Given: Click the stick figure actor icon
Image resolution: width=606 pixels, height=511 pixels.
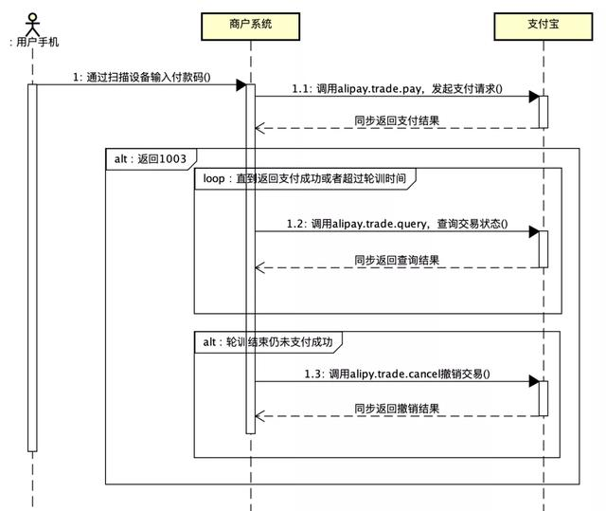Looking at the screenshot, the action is point(32,25).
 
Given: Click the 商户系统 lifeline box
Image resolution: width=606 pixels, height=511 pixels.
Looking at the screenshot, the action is point(250,27).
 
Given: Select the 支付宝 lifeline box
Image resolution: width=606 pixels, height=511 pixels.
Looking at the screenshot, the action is point(543,27).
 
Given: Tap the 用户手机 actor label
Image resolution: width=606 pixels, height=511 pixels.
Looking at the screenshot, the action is point(34,42).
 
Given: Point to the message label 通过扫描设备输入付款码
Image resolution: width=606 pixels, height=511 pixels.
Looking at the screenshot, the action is point(142,77).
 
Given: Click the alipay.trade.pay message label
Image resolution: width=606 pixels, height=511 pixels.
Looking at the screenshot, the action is point(397,89).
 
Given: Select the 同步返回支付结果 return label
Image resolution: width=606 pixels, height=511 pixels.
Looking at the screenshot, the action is point(397,120).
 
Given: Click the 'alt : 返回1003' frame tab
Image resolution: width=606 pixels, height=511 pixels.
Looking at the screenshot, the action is point(151,159).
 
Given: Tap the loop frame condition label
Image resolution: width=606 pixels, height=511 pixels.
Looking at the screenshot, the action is point(305,178).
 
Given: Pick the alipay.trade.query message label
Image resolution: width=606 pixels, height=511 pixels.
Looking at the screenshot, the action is point(397,224).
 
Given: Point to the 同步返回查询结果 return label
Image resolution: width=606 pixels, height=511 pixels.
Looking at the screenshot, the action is point(397,260).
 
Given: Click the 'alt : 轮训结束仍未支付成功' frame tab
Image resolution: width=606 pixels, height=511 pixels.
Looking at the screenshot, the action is point(268,342).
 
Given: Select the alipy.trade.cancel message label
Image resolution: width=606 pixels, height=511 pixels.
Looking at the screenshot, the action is point(397,374).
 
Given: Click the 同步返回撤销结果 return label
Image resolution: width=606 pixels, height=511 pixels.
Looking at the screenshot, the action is point(397,409).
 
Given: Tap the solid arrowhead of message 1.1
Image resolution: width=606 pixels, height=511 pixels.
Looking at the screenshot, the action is point(534,97).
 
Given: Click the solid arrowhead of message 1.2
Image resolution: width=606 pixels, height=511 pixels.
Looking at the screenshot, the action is point(534,231).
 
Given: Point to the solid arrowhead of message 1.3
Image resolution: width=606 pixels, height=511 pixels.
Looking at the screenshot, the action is point(534,381).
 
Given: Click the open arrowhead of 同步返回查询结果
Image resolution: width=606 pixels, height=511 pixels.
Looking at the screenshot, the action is point(259,267).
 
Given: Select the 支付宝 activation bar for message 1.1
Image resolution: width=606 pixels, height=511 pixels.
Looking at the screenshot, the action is point(544,112).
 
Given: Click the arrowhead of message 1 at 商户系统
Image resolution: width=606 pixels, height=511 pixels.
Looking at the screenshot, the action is point(241,85).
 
